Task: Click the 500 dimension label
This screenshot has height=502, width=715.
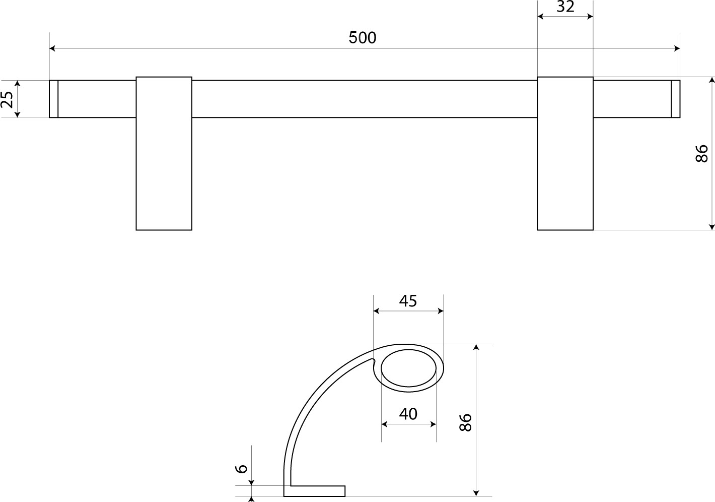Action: (x=363, y=38)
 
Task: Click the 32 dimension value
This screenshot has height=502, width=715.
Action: (x=565, y=7)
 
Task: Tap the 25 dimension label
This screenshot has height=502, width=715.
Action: (x=7, y=99)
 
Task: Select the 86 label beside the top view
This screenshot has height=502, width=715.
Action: (x=701, y=153)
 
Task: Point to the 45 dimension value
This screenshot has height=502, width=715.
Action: (x=408, y=301)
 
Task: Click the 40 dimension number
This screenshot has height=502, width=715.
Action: (x=408, y=414)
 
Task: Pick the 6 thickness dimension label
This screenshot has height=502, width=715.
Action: (x=241, y=468)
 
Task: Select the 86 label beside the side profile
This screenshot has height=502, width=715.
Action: (x=465, y=422)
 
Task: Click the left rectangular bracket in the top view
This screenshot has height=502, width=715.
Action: (x=164, y=153)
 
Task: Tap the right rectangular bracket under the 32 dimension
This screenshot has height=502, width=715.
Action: (x=565, y=153)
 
